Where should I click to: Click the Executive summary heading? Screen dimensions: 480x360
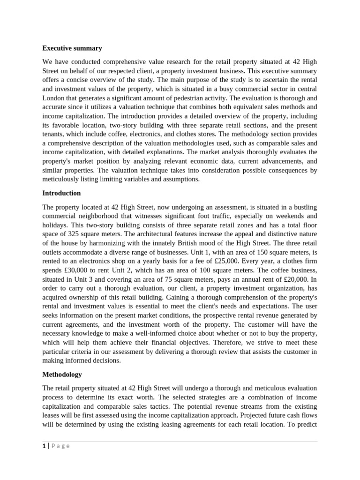click(72, 48)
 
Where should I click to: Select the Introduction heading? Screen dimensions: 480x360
click(61, 193)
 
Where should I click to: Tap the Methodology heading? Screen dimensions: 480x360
click(62, 375)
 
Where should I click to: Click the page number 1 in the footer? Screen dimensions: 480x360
click(44, 446)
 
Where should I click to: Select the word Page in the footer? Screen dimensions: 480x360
click(60, 446)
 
